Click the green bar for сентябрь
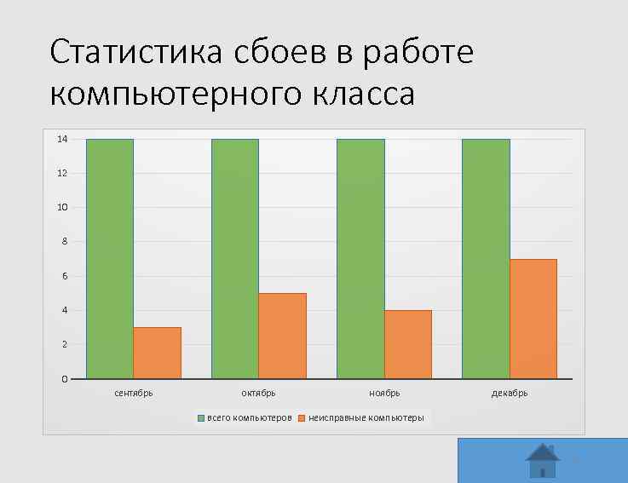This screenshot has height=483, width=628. (x=109, y=258)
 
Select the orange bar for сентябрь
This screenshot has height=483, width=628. (x=158, y=353)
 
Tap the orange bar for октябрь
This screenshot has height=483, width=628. (x=282, y=336)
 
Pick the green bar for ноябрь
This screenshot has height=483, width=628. (x=360, y=258)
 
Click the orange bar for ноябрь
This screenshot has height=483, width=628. (x=408, y=344)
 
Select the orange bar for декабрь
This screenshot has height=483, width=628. (x=533, y=319)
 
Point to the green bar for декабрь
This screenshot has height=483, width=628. (x=486, y=258)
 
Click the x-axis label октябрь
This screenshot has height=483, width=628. (x=258, y=394)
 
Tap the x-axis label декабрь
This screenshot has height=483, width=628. (x=510, y=394)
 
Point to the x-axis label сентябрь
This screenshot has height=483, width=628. (x=134, y=394)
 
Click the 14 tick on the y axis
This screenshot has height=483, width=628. (x=62, y=139)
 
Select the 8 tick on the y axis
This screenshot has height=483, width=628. (x=65, y=242)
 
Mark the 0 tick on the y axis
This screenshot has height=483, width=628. (x=65, y=379)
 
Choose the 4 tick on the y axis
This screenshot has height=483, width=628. (x=65, y=310)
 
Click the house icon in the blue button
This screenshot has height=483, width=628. (x=543, y=461)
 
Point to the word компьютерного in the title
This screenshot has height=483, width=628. (x=170, y=94)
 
